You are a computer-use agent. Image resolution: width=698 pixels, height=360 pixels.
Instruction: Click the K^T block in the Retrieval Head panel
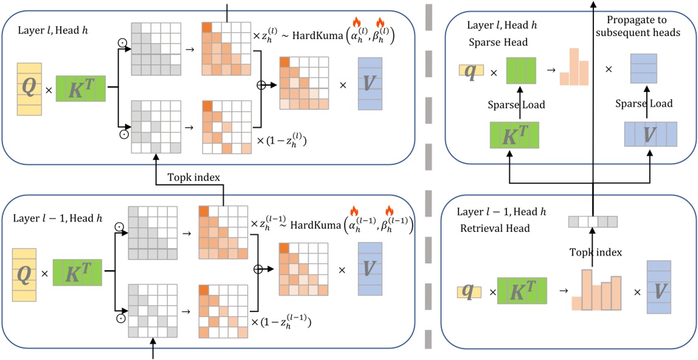pyautogui.click(x=521, y=292)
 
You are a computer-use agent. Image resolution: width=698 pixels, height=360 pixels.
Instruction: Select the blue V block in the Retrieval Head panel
pyautogui.click(x=659, y=288)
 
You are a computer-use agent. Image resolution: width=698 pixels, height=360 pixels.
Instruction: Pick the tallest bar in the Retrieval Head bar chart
pyautogui.click(x=586, y=290)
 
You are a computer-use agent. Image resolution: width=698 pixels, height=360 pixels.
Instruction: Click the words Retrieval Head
pyautogui.click(x=496, y=229)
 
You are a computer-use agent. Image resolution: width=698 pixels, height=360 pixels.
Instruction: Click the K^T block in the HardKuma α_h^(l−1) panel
pyautogui.click(x=77, y=272)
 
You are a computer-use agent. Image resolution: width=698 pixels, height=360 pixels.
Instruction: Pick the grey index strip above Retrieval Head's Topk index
pyautogui.click(x=592, y=222)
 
